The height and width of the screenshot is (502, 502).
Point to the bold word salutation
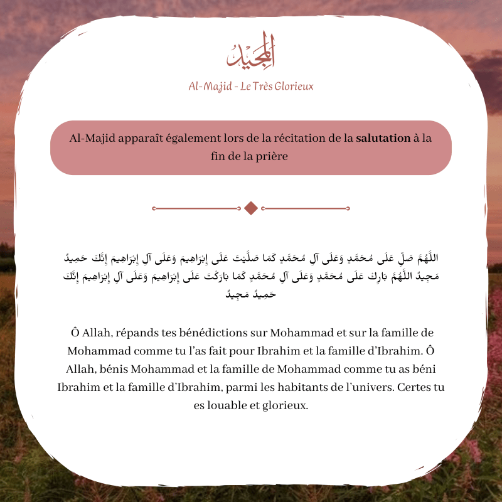[x=383, y=139]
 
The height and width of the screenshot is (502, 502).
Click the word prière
[x=270, y=156]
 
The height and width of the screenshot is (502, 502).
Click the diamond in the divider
[x=251, y=208]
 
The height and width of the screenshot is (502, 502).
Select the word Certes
[x=417, y=387]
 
